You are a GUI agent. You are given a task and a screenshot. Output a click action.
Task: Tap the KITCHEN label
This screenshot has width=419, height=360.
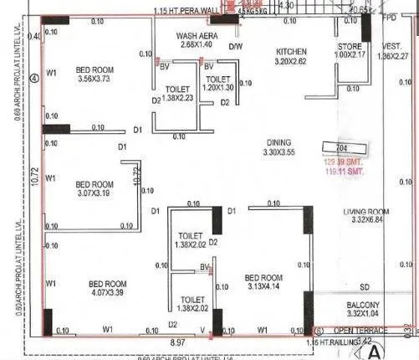click(292, 51)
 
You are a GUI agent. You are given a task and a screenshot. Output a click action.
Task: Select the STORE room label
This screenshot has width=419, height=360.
click(350, 47)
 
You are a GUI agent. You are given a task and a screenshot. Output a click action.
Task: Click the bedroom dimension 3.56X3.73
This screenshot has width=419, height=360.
click(95, 79)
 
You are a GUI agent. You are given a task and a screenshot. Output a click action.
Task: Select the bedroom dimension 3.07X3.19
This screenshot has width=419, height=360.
click(95, 195)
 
